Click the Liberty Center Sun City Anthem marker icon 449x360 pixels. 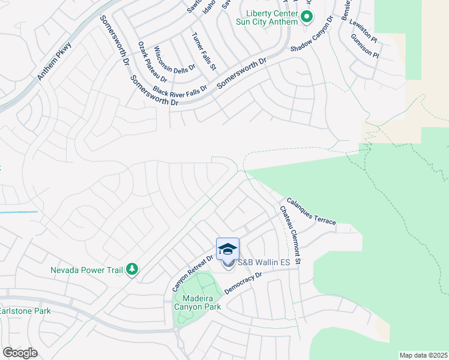pyautogui.click(x=306, y=17)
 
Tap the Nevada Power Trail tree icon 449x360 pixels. pyautogui.click(x=131, y=270)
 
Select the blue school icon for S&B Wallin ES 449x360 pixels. pyautogui.click(x=228, y=249)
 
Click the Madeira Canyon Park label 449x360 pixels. pyautogui.click(x=197, y=302)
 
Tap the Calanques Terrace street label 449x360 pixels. pyautogui.click(x=310, y=212)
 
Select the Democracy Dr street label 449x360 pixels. pyautogui.click(x=243, y=283)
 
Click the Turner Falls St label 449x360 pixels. pyautogui.click(x=203, y=52)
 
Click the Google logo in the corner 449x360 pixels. pyautogui.click(x=20, y=352)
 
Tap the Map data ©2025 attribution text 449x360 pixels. pyautogui.click(x=423, y=355)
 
